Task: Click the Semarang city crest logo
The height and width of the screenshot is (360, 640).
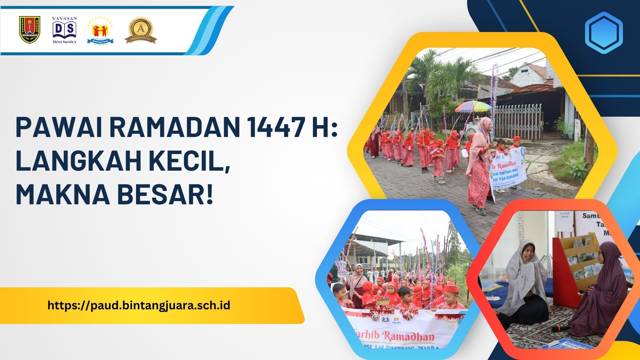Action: pos(30,30)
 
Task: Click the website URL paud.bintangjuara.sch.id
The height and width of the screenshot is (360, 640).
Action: pos(139,305)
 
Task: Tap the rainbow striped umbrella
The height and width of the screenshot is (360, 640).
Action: pos(473,106)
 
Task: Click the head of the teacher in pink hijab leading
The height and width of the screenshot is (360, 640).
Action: pos(484,125)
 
